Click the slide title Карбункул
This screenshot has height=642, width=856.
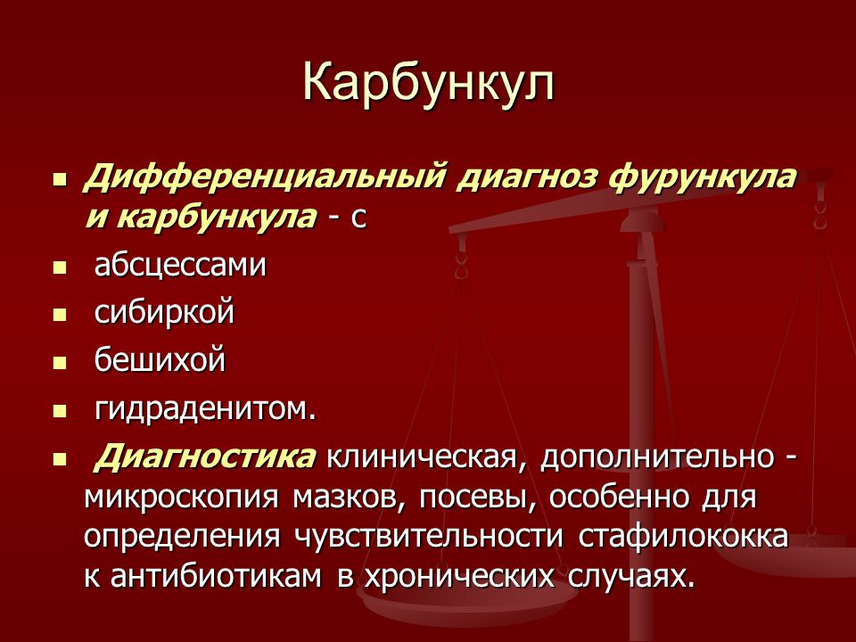click(x=429, y=84)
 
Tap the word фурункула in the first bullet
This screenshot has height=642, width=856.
click(x=699, y=179)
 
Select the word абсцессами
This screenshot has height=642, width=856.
click(x=180, y=267)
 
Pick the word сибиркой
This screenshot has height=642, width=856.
click(x=164, y=312)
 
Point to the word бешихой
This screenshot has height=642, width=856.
click(x=160, y=359)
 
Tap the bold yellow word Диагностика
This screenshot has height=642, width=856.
click(x=206, y=457)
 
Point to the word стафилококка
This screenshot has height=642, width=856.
click(x=683, y=536)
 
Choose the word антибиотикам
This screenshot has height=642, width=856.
click(x=216, y=576)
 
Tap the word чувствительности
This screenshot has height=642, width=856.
click(x=429, y=537)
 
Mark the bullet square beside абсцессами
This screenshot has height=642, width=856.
click(x=60, y=268)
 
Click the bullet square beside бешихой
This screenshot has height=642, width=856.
click(x=60, y=363)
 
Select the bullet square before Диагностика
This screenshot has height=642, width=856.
click(x=60, y=460)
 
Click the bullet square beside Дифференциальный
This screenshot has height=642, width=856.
click(x=60, y=179)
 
